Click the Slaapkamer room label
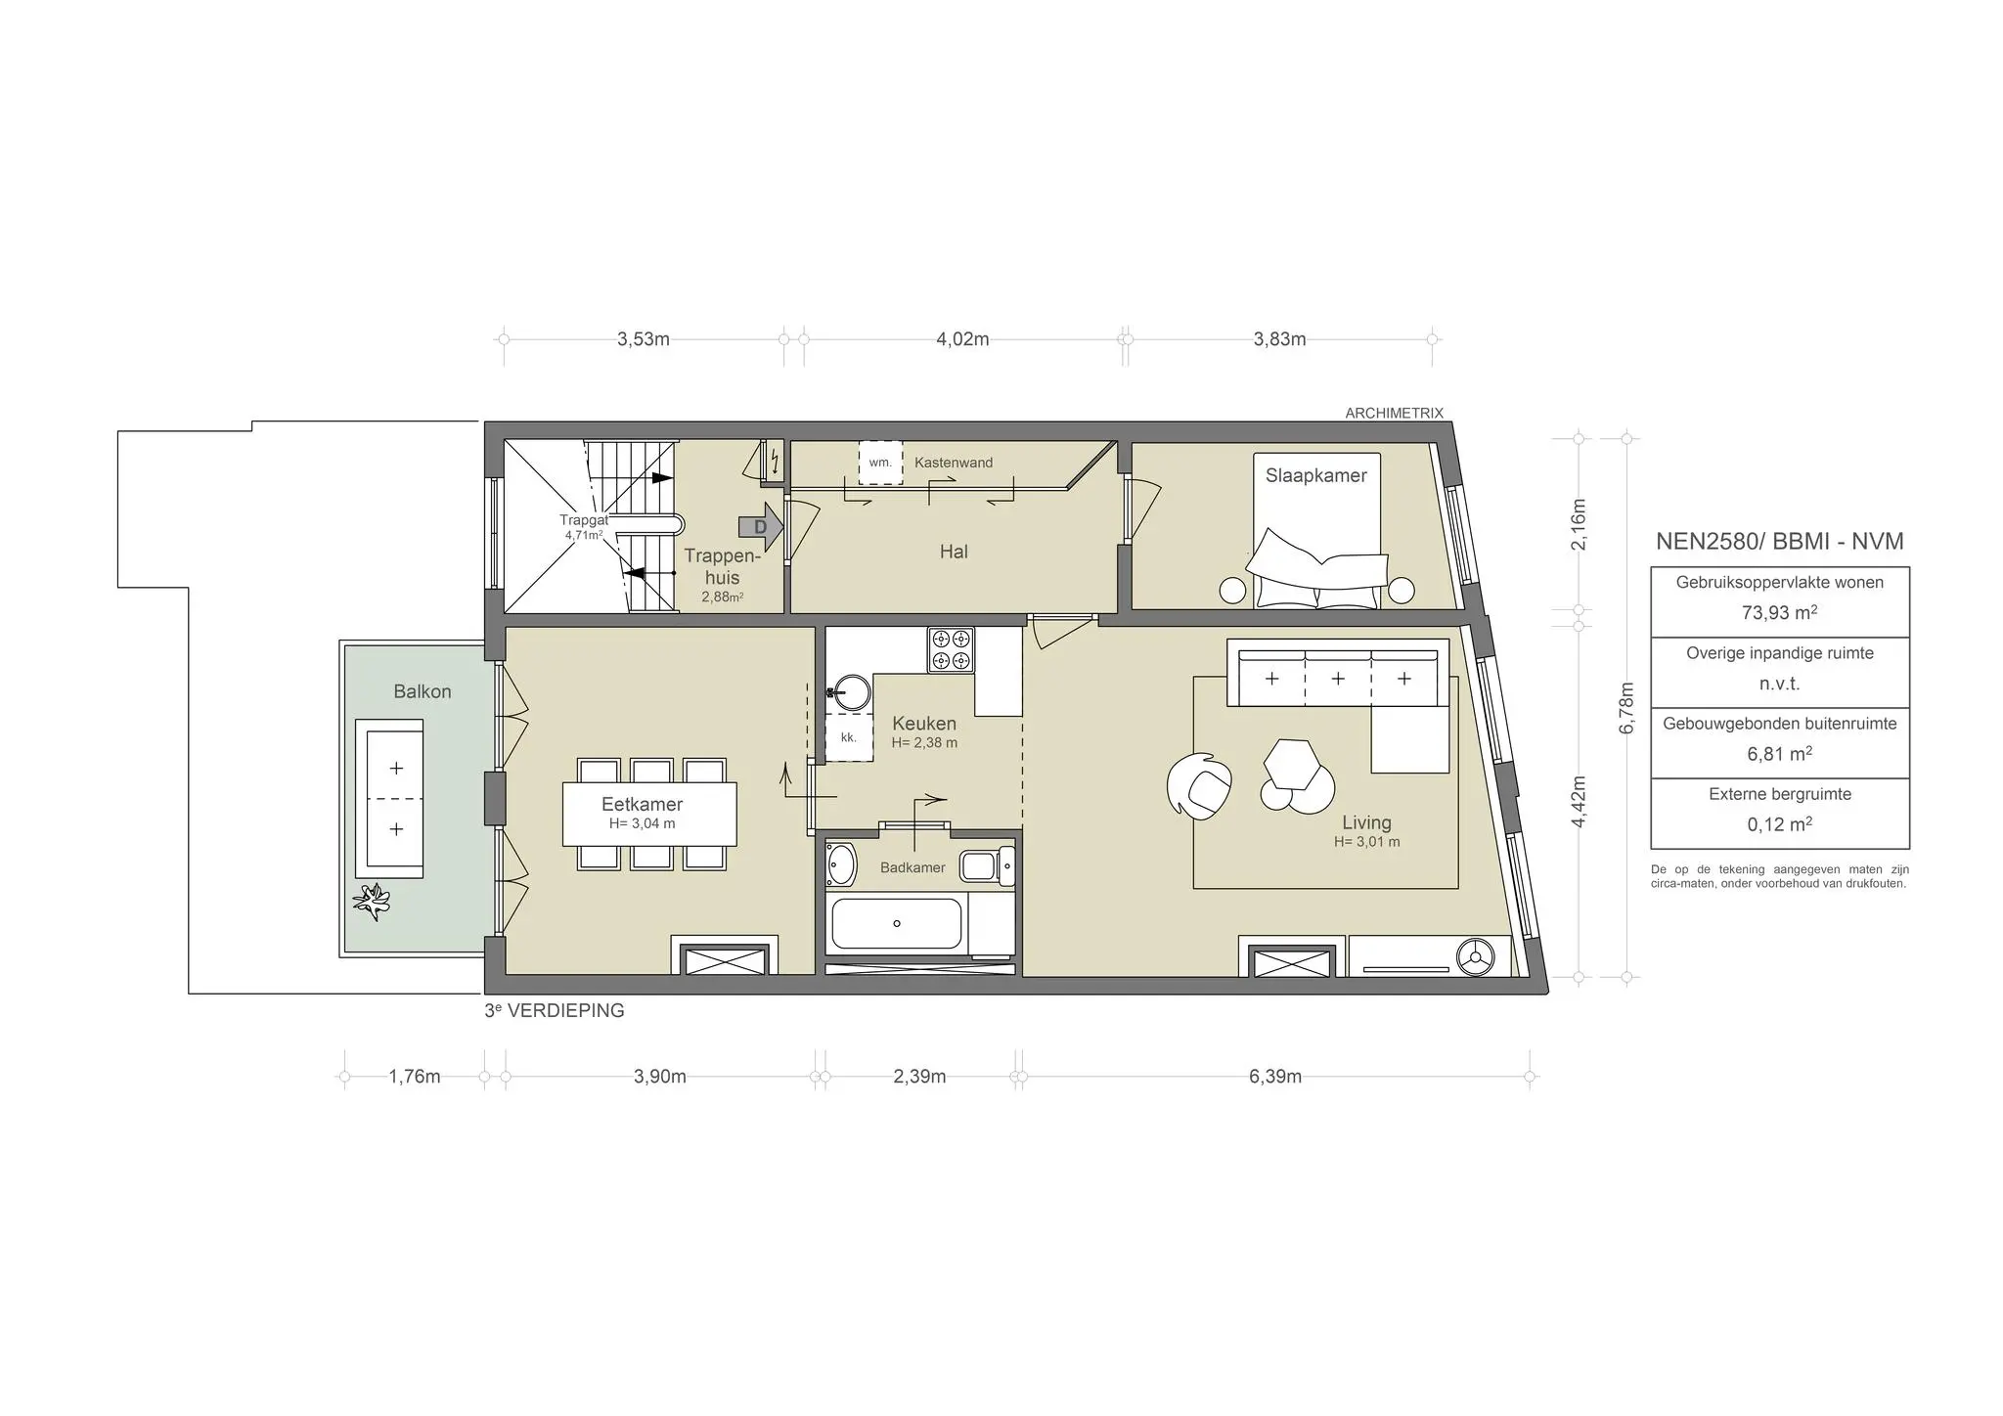tap(1315, 475)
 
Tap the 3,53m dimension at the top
tap(643, 339)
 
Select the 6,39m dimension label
tap(1274, 1077)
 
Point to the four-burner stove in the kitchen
tap(952, 650)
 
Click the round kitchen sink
tap(852, 692)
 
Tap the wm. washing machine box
tap(880, 463)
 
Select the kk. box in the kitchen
tap(848, 737)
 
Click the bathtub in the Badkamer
tap(896, 923)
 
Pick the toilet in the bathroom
tap(986, 866)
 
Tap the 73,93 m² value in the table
tap(1779, 613)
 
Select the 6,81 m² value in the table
tap(1779, 754)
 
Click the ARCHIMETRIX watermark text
tap(1394, 414)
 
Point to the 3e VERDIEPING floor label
tap(555, 1011)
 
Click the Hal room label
tap(954, 552)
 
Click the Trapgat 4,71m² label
tap(583, 527)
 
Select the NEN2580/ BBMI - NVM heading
tap(1779, 541)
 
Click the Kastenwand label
tap(954, 463)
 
